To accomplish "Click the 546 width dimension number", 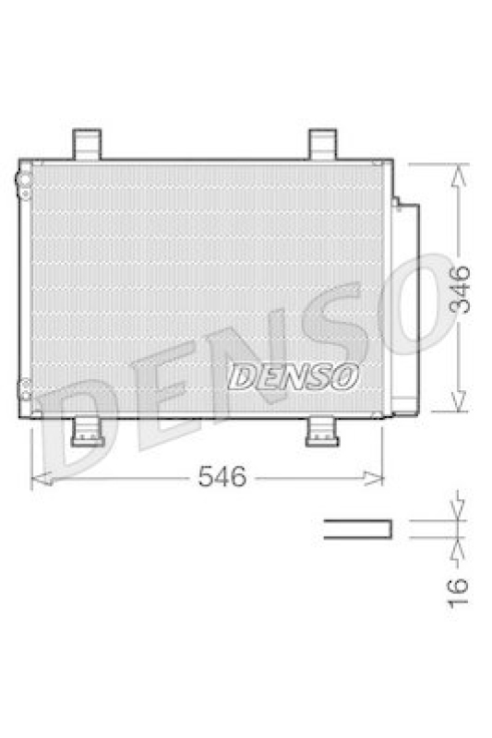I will pos(223,477).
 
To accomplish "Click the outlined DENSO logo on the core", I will pos(294,375).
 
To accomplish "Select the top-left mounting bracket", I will pos(86,144).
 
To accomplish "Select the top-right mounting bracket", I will pos(323,144).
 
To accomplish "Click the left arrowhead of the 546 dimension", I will pos(38,477).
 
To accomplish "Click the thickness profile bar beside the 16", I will pos(356,529).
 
